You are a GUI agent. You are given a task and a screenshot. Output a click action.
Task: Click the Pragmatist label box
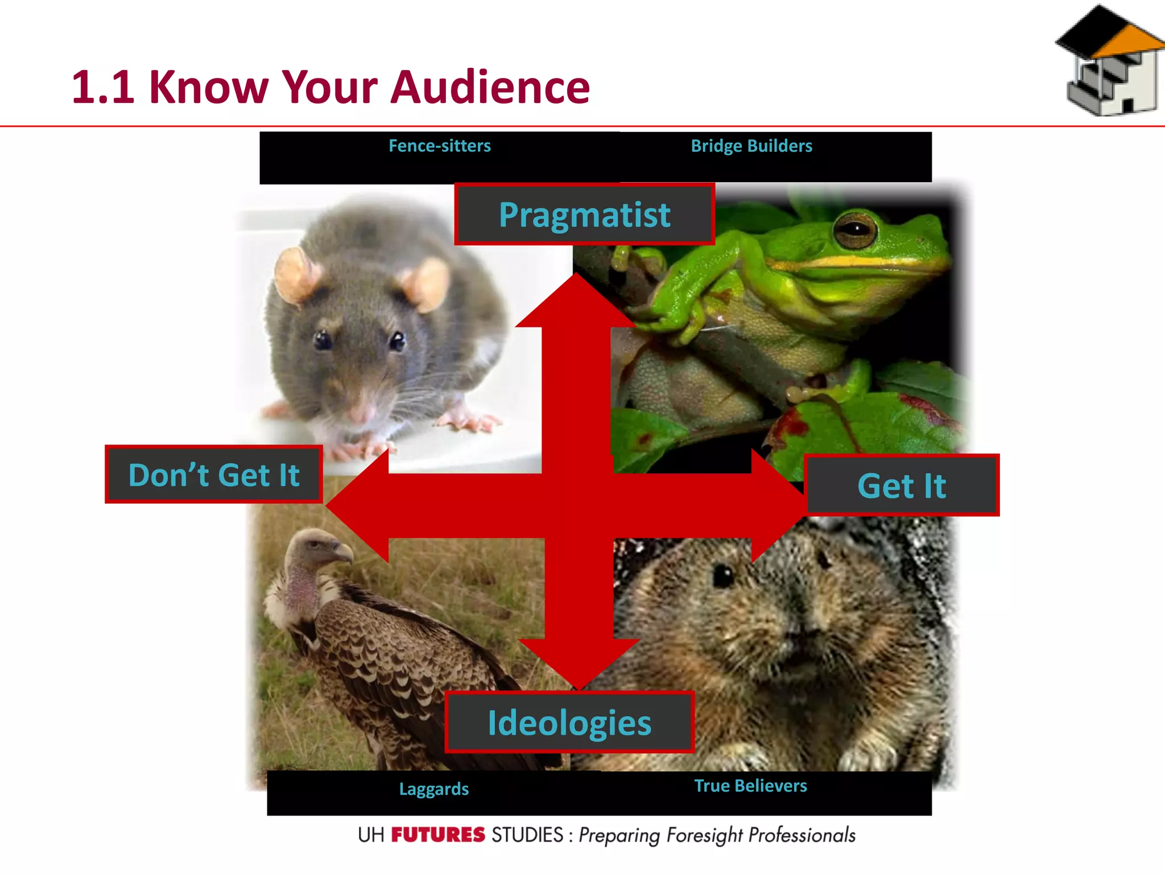click(584, 215)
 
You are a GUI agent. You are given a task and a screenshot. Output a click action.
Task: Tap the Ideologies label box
click(569, 723)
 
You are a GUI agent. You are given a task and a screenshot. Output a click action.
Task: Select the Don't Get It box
click(214, 475)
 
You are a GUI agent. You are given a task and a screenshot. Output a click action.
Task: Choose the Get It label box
click(902, 486)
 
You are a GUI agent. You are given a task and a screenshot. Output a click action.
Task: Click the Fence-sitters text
click(439, 146)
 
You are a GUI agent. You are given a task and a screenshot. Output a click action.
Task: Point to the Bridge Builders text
click(751, 146)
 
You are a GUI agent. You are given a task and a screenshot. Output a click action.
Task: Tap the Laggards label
click(434, 789)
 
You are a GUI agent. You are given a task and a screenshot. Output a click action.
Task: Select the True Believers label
click(750, 786)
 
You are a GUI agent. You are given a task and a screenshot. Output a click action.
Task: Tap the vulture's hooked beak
click(342, 553)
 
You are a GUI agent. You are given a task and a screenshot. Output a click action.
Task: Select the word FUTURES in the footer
click(438, 835)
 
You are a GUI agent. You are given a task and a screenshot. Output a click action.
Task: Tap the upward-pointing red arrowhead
click(576, 302)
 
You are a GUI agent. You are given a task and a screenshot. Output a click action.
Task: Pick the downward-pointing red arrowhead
click(578, 663)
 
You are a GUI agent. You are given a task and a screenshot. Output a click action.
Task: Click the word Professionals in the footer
click(802, 835)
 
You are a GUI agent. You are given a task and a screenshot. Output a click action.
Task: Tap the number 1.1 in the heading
click(103, 87)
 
